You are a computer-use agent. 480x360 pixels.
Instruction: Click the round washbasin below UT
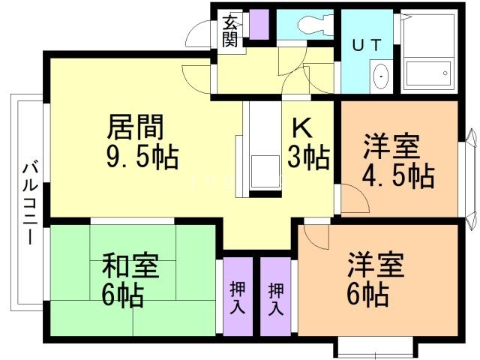pyautogui.click(x=381, y=76)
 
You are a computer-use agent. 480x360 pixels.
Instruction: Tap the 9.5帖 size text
pyautogui.click(x=143, y=157)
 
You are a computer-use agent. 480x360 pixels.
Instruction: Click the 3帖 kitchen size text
pyautogui.click(x=309, y=157)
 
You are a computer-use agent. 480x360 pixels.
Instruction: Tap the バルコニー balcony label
pyautogui.click(x=29, y=203)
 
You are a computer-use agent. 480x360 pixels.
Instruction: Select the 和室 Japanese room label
pyautogui.click(x=128, y=266)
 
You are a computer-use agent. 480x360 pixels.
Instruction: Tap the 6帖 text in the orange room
pyautogui.click(x=368, y=292)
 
